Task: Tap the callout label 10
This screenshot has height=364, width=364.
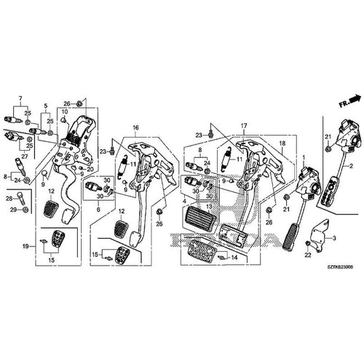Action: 64,111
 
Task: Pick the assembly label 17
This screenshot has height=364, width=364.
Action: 245,126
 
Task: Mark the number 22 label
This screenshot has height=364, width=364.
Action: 308,255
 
